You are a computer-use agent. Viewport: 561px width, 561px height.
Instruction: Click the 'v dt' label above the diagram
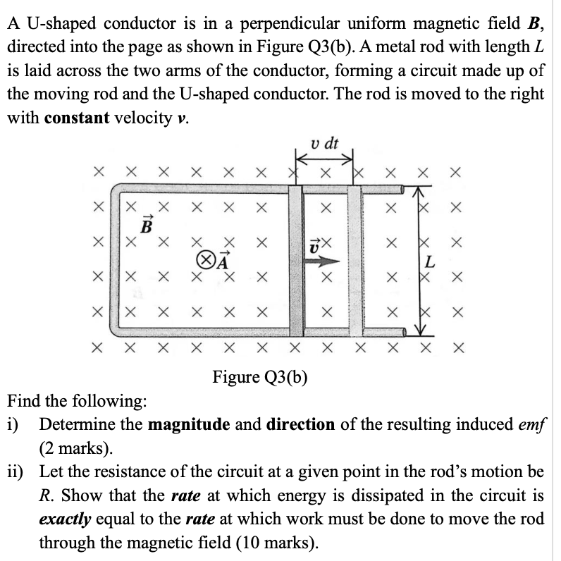pos(324,144)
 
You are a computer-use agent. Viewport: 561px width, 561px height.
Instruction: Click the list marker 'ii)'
pos(18,473)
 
